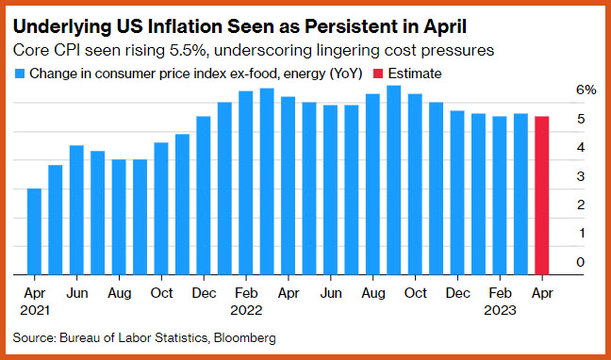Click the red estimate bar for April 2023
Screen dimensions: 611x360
pos(541,196)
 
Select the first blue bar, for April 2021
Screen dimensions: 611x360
pos(34,232)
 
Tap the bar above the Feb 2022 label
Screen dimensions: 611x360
pos(246,183)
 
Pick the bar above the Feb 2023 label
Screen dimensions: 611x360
pos(500,196)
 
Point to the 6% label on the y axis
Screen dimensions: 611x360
pos(586,90)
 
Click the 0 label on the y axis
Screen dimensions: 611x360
pos(581,262)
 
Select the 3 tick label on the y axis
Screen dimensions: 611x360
pos(581,176)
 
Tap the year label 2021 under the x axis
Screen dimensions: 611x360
pos(35,310)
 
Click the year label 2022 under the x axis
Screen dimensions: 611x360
pos(246,310)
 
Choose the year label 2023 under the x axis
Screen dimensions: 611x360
pos(500,310)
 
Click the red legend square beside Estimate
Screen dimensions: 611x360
pos(378,74)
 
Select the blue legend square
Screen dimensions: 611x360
pos(20,74)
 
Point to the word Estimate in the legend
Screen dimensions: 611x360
pos(415,74)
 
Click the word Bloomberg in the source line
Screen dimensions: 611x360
pos(245,337)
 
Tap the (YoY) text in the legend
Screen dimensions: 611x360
pos(346,74)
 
